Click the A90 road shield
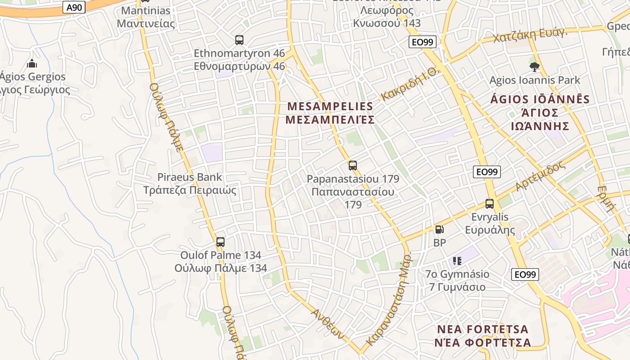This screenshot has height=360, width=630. point(74,7)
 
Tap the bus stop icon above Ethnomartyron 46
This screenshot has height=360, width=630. point(239,40)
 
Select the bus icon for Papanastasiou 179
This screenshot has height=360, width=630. point(353,165)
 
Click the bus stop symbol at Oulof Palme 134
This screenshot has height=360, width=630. point(220,242)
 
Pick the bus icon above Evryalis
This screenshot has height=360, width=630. point(490,204)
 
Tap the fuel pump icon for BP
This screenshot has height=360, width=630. point(439,229)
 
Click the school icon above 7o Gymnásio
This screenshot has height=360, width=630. point(457,261)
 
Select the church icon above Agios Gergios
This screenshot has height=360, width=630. point(32,63)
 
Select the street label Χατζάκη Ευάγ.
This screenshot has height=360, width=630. point(530,35)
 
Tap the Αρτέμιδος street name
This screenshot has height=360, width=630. point(540,176)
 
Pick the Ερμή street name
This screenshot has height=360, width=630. point(606,198)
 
